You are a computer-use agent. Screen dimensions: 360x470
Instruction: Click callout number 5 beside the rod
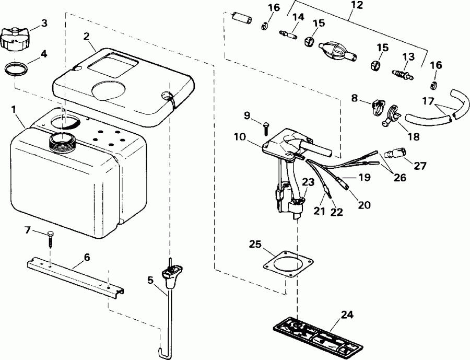click(x=151, y=280)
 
